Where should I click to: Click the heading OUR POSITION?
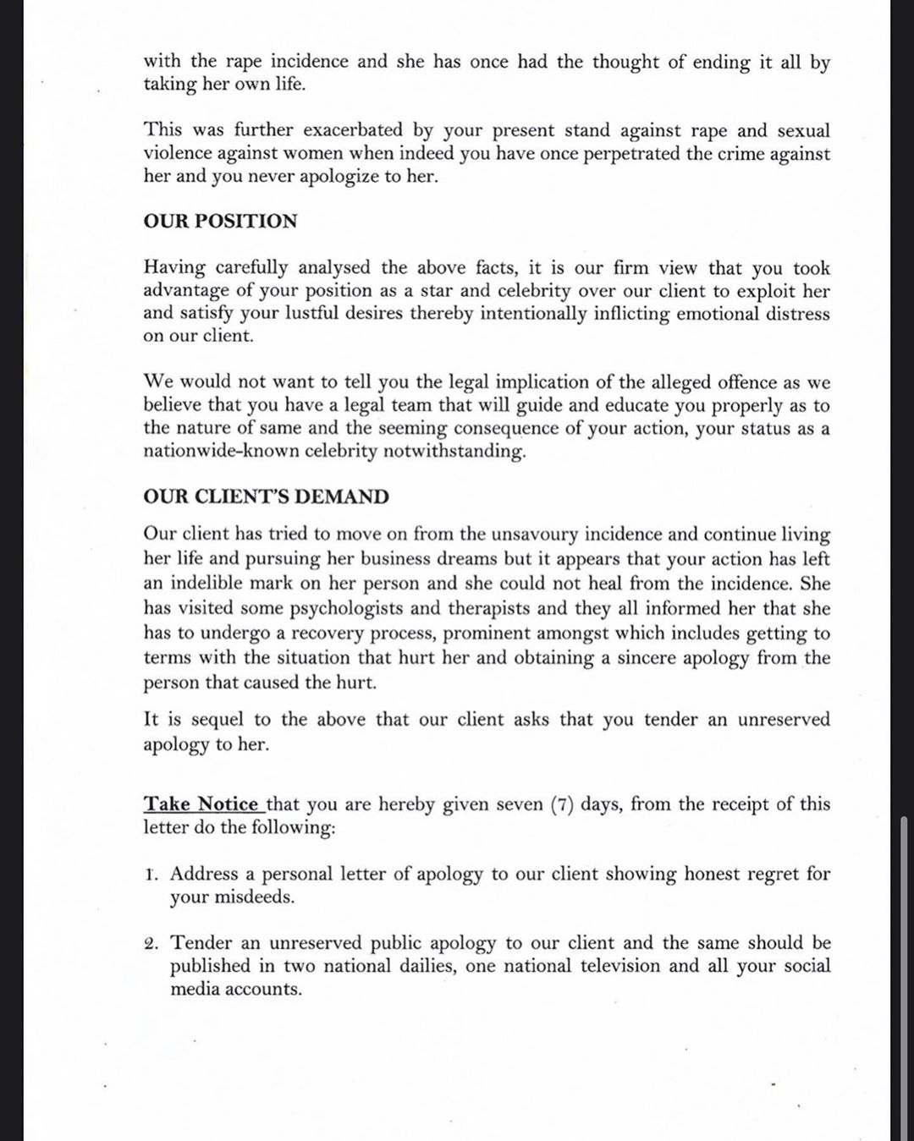point(220,222)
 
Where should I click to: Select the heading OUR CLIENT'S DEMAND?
point(266,496)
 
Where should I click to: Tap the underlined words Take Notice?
point(201,804)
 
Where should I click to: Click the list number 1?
point(150,874)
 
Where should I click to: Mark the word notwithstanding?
point(454,451)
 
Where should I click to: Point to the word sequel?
point(218,720)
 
